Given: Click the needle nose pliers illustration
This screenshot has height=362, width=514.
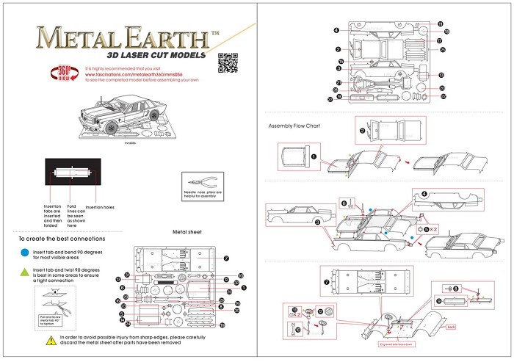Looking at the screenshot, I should [200, 184].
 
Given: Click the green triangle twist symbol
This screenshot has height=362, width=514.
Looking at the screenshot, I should [25, 273].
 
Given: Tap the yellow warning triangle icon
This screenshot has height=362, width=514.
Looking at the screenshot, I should [51, 339].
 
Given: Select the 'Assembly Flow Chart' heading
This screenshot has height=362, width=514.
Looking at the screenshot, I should [294, 126].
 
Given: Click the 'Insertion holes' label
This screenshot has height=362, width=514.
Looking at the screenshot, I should [100, 207].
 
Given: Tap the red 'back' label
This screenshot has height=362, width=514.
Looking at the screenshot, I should [451, 326].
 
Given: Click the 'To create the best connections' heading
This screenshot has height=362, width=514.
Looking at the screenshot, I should [61, 239].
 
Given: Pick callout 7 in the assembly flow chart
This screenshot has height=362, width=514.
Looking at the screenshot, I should [327, 280].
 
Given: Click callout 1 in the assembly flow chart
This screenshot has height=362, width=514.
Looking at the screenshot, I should [314, 156].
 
